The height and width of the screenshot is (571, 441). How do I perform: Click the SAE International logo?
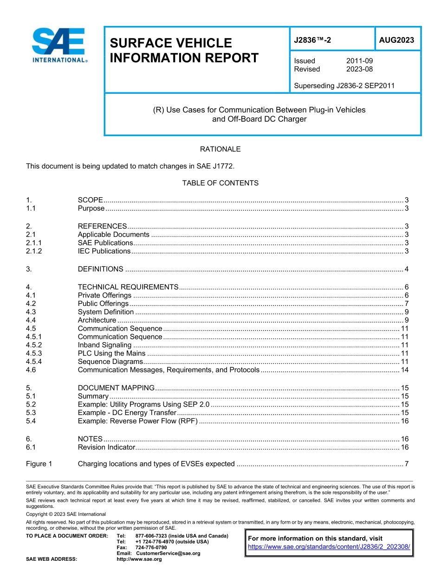click(x=59, y=45)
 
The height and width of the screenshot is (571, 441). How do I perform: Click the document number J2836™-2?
click(x=312, y=40)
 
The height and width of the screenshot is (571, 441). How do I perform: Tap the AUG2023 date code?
click(x=396, y=40)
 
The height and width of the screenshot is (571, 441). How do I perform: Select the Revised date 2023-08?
click(x=359, y=69)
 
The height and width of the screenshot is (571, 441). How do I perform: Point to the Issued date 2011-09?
click(x=359, y=61)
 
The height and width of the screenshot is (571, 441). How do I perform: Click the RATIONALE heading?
click(x=220, y=149)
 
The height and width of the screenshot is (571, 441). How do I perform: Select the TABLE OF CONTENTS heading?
click(x=220, y=183)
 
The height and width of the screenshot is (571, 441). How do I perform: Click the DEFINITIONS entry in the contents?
click(x=100, y=269)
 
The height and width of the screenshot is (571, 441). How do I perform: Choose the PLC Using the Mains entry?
click(x=111, y=353)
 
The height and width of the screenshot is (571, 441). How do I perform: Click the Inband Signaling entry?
click(x=104, y=345)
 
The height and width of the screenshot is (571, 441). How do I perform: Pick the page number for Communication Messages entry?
click(x=404, y=370)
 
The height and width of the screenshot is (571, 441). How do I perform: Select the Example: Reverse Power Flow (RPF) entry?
click(x=138, y=421)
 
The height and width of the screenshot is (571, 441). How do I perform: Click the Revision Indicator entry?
click(x=106, y=447)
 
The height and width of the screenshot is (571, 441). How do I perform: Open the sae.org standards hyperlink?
click(x=329, y=547)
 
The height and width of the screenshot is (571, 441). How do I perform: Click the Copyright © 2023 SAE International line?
click(x=66, y=514)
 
